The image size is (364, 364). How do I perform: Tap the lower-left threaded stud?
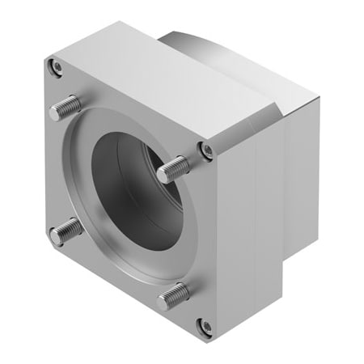pos(66,232)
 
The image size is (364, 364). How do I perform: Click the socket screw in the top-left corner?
pos(54,68)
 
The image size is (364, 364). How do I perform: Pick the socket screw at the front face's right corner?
pos(206,150)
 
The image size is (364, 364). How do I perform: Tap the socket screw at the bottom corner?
pos(205,326)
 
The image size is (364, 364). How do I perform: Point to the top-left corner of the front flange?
pos(40,61)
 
